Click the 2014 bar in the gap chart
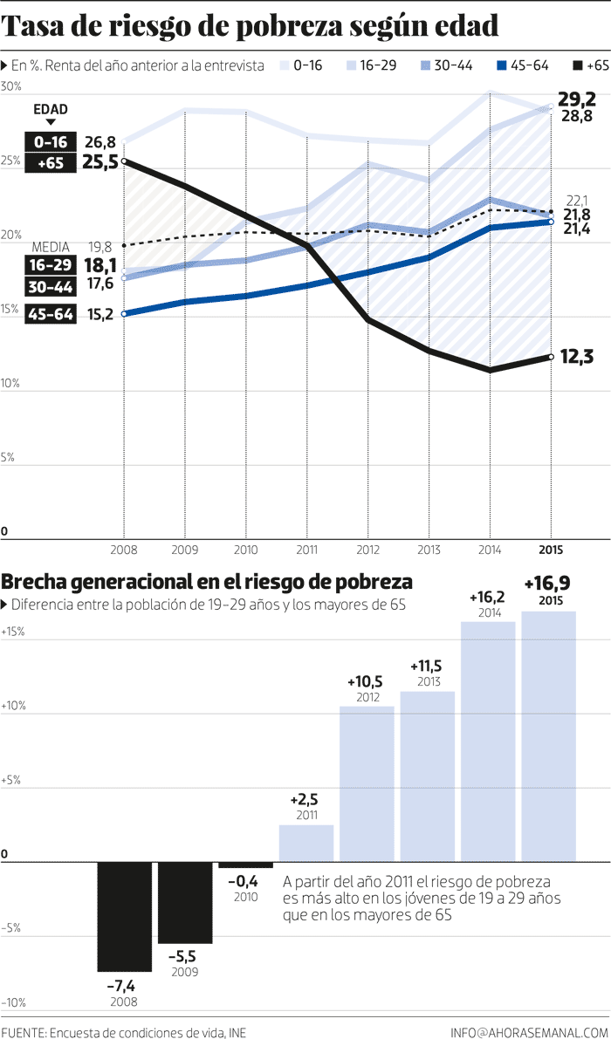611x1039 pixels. [488, 740]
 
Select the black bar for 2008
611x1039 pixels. [124, 916]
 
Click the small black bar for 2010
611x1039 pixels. [245, 865]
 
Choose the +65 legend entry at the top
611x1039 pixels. [590, 65]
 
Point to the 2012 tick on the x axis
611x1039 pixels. [367, 550]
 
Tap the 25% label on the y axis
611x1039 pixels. [11, 161]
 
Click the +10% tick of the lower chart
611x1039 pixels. [14, 706]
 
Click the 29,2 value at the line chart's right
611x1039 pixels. [577, 99]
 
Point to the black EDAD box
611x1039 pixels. [50, 109]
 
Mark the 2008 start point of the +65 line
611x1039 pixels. [124, 161]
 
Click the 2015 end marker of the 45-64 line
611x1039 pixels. [550, 222]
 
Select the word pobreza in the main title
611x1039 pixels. [334, 27]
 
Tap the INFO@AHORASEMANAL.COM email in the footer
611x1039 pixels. [529, 1032]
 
